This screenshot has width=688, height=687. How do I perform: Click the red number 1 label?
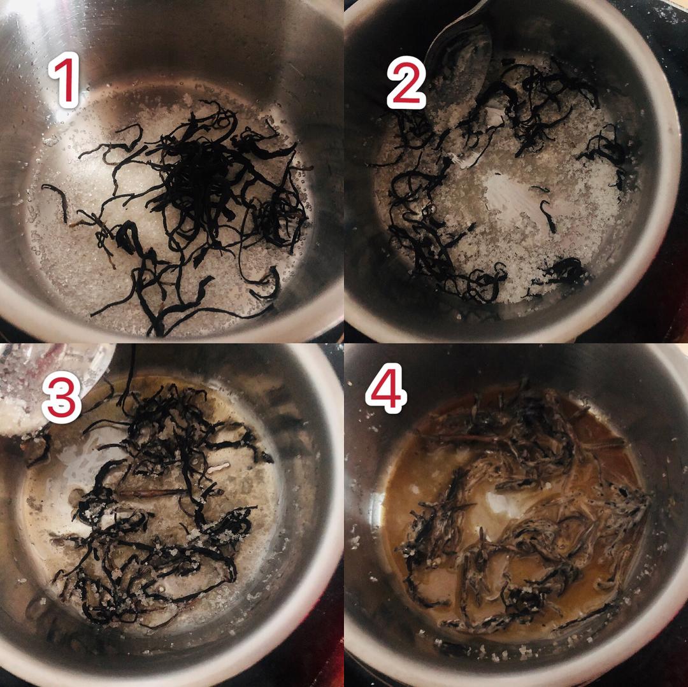[64, 80]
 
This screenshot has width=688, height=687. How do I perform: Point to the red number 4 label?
[386, 388]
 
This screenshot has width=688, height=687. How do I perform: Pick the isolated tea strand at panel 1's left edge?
[57, 202]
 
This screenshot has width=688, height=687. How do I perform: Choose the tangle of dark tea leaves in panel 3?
[162, 495]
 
